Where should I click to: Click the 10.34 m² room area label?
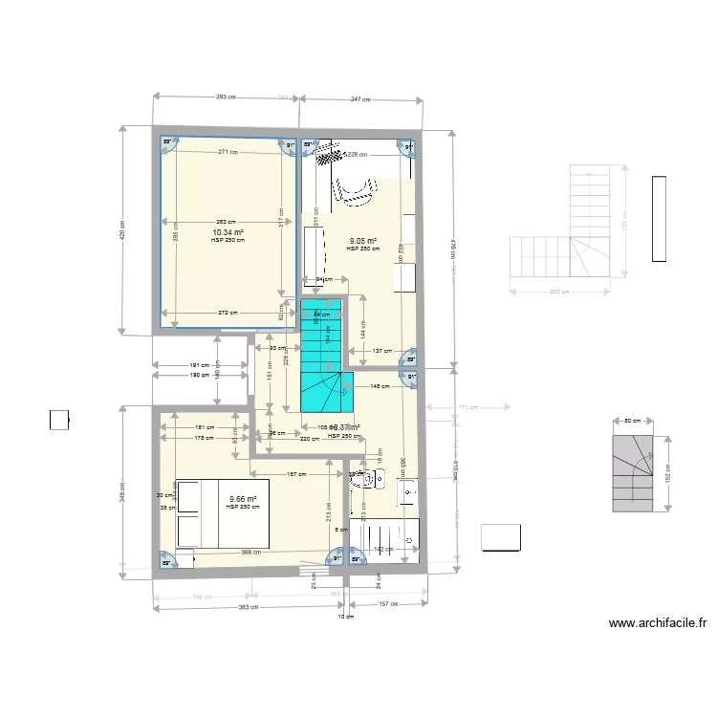click(x=228, y=232)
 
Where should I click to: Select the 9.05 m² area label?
click(x=363, y=241)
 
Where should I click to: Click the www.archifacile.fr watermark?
click(x=658, y=624)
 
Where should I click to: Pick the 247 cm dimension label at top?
click(x=360, y=98)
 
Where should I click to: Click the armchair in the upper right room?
click(x=353, y=190)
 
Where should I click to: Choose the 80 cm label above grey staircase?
click(x=633, y=421)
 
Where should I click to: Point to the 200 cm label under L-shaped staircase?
click(x=560, y=293)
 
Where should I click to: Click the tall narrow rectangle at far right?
click(x=659, y=218)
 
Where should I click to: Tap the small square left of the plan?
click(x=59, y=420)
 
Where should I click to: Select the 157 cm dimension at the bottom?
click(x=387, y=604)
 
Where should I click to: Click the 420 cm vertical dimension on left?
click(x=122, y=229)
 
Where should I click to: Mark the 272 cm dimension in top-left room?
click(x=228, y=313)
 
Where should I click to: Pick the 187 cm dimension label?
click(x=296, y=474)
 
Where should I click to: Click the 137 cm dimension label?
click(x=382, y=350)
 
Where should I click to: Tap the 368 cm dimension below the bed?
click(x=251, y=551)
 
